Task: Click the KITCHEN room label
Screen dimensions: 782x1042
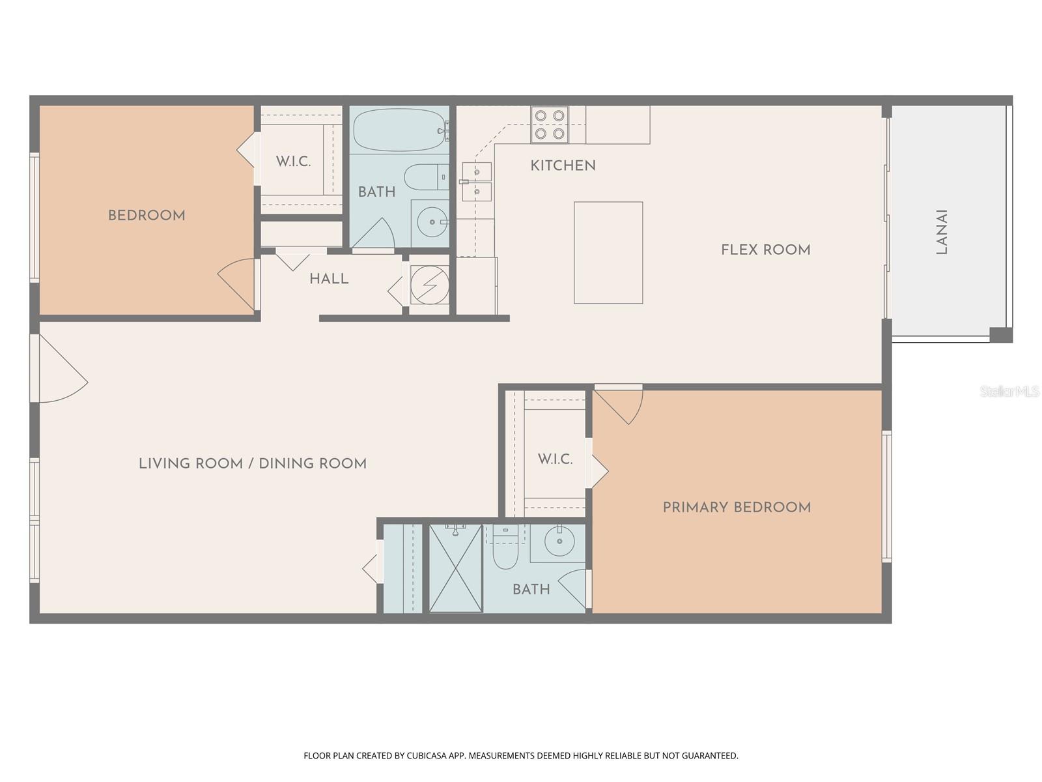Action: [563, 166]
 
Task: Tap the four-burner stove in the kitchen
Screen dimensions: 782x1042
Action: [549, 124]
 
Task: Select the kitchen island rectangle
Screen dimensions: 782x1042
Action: [608, 253]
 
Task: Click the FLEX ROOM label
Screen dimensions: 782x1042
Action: [765, 250]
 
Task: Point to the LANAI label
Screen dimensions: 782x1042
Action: [941, 231]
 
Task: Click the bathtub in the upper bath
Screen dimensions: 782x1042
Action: [399, 130]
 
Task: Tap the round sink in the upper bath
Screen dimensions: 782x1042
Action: [431, 222]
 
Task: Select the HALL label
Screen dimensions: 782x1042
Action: [329, 279]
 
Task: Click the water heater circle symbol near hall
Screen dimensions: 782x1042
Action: [429, 285]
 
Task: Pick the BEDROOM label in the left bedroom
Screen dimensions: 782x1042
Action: [147, 216]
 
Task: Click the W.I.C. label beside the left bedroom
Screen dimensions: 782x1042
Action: [293, 162]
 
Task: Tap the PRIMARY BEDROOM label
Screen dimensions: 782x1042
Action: [737, 508]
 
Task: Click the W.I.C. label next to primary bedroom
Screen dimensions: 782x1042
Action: [555, 459]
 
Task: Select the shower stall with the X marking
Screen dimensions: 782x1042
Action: [456, 568]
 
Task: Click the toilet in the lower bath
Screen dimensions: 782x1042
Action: [504, 551]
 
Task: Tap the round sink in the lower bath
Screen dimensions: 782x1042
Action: [559, 541]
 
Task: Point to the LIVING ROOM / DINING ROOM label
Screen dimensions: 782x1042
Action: [253, 464]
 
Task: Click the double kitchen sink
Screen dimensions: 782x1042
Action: [477, 182]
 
